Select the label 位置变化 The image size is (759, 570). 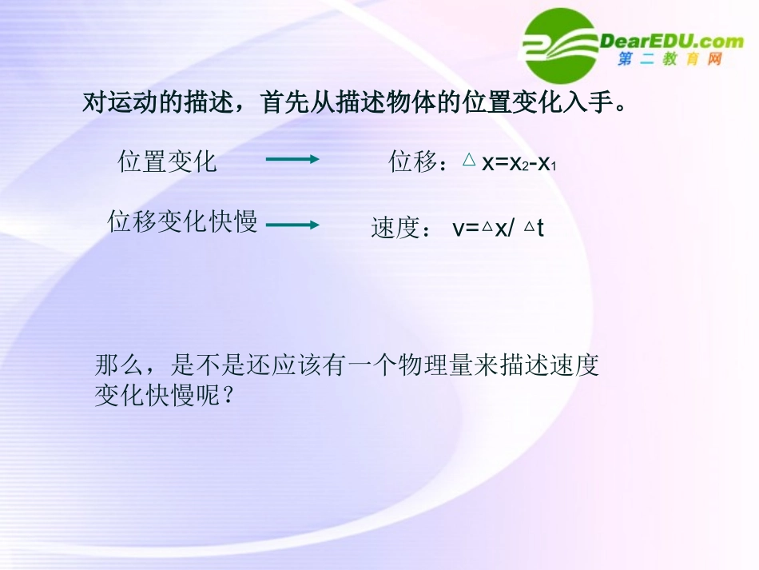[168, 161]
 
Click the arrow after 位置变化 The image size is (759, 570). [292, 159]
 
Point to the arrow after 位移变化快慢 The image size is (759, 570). [292, 225]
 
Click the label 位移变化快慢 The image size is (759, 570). [183, 221]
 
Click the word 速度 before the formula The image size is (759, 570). [395, 229]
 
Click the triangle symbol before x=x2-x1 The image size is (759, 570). [469, 160]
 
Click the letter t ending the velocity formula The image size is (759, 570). [541, 229]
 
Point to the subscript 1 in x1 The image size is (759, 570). [553, 166]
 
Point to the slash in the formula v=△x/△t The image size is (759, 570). [513, 229]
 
